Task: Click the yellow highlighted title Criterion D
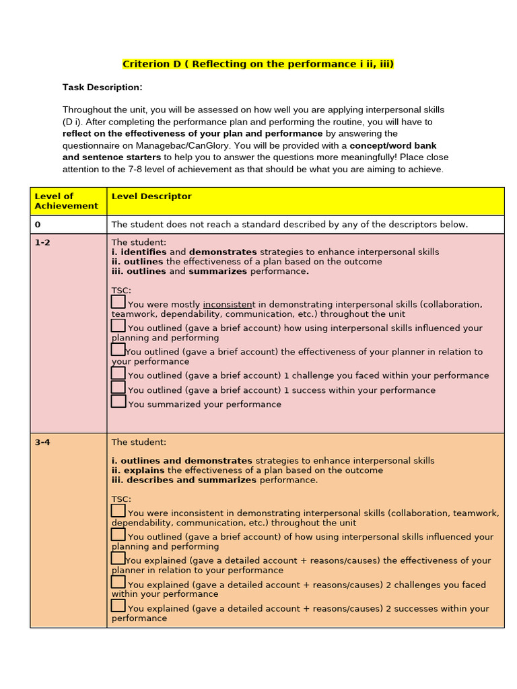pos(258,65)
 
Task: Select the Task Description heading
pos(102,87)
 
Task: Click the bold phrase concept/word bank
pos(393,145)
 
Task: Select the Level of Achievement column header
pos(66,201)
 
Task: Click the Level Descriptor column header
pos(151,196)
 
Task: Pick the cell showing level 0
pos(38,225)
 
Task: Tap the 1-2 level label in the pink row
pos(42,243)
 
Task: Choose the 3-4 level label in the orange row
pos(42,443)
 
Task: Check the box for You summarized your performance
pos(118,402)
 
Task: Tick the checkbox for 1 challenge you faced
pos(118,373)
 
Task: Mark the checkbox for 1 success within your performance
pos(118,388)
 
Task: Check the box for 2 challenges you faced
pos(118,582)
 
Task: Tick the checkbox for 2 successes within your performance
pos(118,606)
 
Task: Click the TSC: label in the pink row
pos(121,291)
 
